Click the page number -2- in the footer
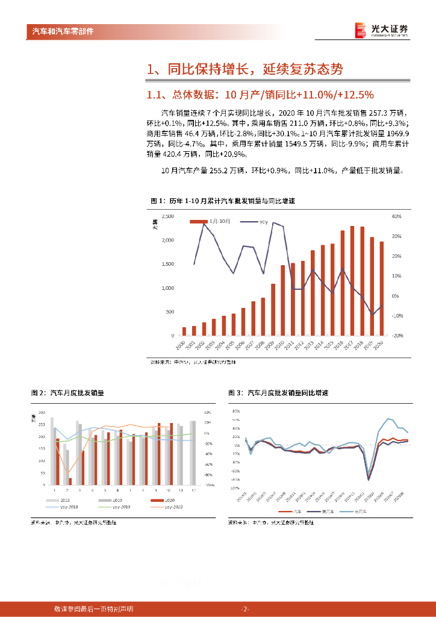(245, 609)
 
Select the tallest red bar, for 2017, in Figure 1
(352, 280)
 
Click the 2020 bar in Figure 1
(381, 288)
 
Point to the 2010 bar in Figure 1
(283, 299)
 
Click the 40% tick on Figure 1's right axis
(396, 216)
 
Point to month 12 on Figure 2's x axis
(193, 490)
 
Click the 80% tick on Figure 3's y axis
(235, 410)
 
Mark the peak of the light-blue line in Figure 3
(389, 419)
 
